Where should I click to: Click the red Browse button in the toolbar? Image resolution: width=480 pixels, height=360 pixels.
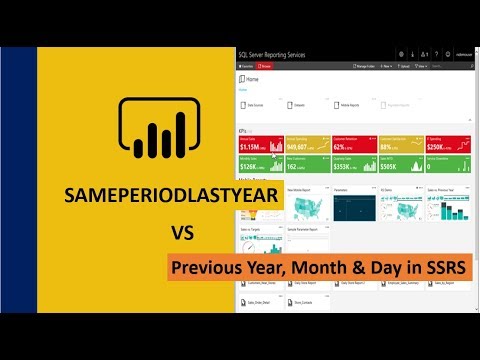coord(269,66)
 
